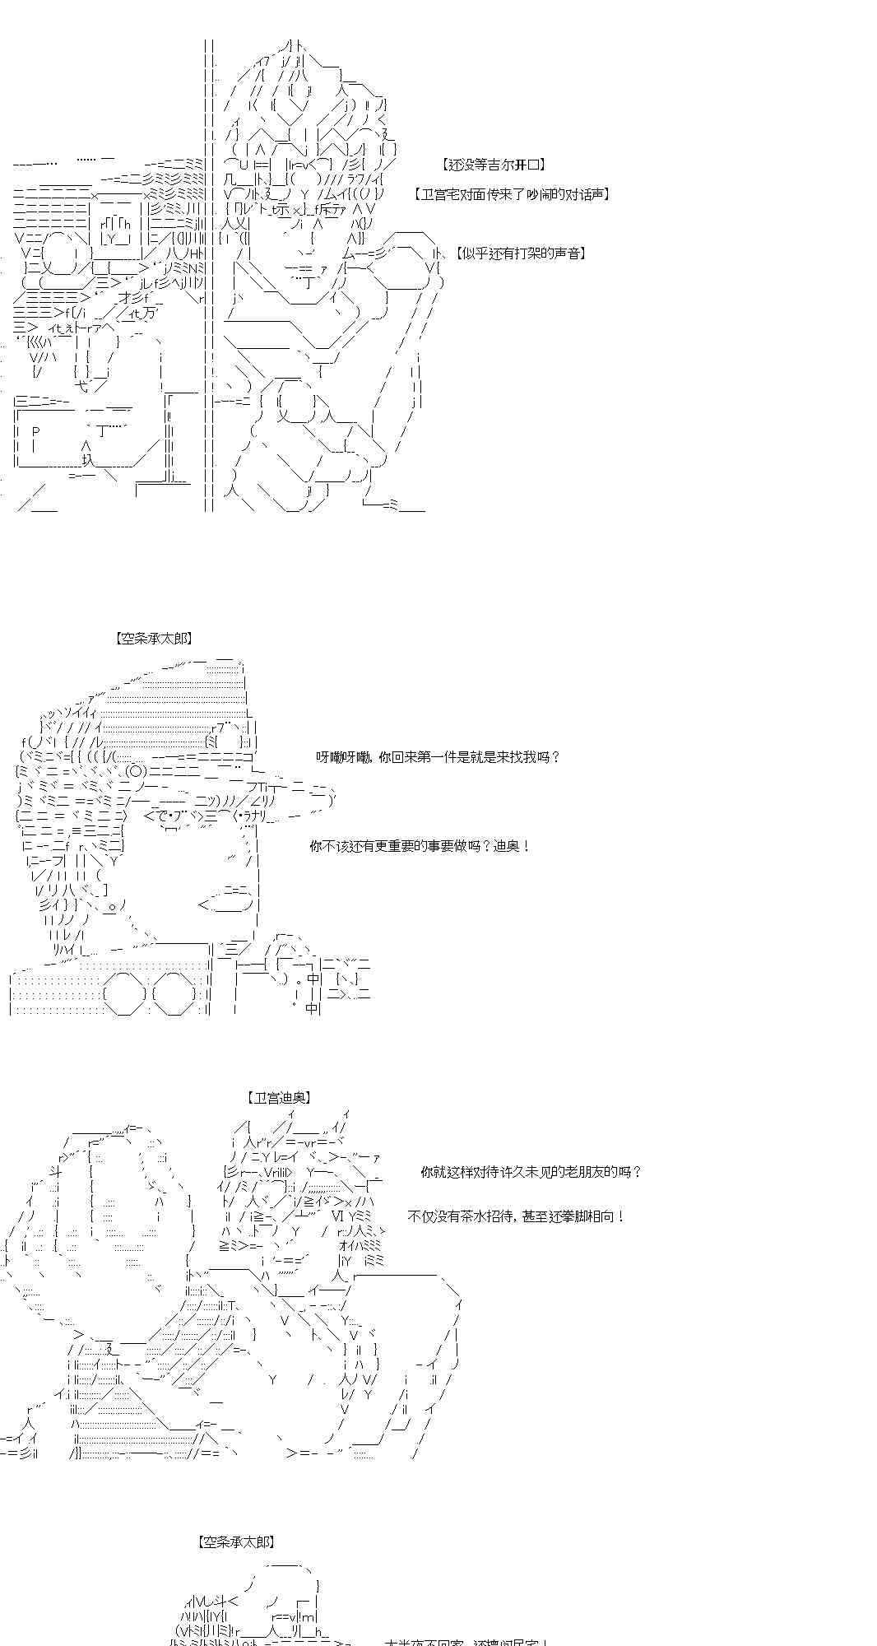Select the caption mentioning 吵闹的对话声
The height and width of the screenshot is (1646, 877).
[x=512, y=194]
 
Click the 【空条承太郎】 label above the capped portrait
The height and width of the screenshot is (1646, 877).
[x=155, y=638]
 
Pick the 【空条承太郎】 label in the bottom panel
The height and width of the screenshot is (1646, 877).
[x=236, y=1541]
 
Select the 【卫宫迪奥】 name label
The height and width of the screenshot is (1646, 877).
[x=279, y=1097]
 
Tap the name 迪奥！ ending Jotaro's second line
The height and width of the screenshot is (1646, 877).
[x=512, y=846]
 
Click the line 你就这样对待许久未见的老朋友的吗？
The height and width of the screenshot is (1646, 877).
[x=531, y=1171]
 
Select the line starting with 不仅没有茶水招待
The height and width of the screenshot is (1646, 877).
[x=516, y=1216]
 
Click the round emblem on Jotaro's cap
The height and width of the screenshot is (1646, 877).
[x=137, y=771]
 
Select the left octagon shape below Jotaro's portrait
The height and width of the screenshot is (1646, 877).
[x=126, y=994]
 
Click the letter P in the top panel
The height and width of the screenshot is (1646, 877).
[x=35, y=431]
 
